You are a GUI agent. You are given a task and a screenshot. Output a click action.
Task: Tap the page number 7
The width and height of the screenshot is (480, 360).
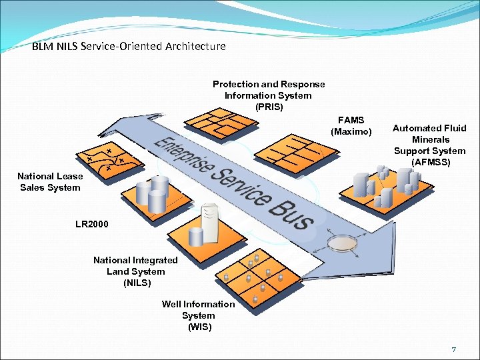pyautogui.click(x=453, y=349)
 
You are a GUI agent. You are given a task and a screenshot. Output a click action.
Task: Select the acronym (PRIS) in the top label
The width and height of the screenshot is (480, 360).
pyautogui.click(x=269, y=107)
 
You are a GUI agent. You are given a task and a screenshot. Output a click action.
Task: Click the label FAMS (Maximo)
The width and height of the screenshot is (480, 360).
pyautogui.click(x=351, y=126)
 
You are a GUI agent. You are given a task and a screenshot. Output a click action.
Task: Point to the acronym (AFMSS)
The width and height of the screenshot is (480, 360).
pyautogui.click(x=430, y=162)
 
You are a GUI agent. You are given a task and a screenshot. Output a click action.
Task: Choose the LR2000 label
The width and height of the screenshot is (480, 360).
pyautogui.click(x=92, y=224)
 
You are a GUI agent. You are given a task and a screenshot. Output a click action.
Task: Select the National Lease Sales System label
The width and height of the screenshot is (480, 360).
pyautogui.click(x=50, y=182)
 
